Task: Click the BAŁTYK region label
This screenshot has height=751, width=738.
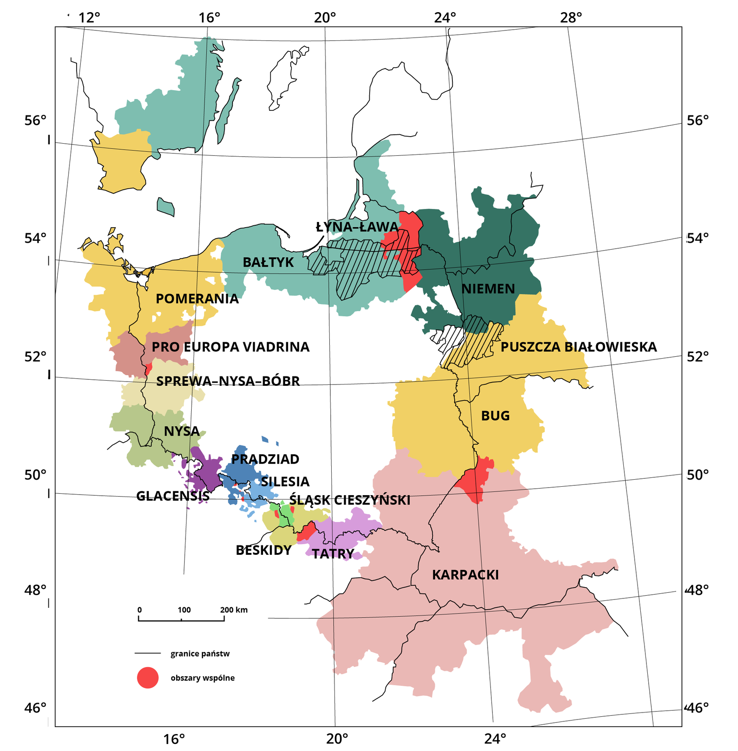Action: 268,262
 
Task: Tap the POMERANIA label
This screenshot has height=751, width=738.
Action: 197,299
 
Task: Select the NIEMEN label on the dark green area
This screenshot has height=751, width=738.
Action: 488,289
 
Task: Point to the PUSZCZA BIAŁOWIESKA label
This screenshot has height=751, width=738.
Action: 578,347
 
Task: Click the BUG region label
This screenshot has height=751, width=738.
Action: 495,416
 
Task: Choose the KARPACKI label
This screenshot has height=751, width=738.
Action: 465,575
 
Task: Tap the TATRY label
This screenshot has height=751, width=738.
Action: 333,554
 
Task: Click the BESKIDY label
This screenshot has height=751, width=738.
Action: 264,550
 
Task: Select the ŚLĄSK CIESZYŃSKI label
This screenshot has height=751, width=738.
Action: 350,500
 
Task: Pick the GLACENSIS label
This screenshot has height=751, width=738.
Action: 172,496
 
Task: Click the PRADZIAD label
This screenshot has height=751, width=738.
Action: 265,459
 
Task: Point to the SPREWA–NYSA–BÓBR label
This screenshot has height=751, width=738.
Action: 228,381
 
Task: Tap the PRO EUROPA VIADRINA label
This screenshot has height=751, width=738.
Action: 230,347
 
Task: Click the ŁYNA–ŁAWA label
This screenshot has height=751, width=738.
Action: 357,227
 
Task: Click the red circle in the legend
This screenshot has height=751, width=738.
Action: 148,677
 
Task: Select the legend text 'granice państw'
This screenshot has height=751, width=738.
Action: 200,653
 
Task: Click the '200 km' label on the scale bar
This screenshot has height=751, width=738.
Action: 233,610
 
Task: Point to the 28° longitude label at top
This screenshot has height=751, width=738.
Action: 570,18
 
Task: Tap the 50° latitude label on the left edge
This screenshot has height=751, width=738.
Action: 35,475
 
